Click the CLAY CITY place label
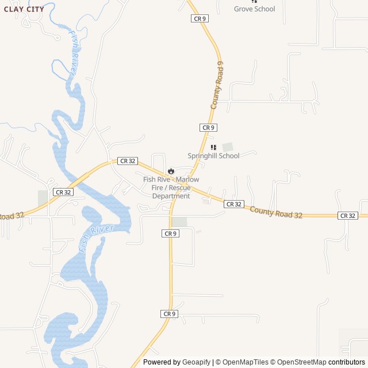(x=24, y=9)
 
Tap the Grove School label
(x=254, y=9)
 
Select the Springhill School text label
(x=213, y=156)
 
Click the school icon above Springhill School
(x=213, y=147)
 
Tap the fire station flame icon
(x=171, y=171)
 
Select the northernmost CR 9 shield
(x=200, y=18)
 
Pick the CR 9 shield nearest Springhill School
(x=208, y=127)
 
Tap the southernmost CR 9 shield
(x=168, y=313)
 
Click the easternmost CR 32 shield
(x=348, y=216)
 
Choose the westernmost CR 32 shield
(x=63, y=192)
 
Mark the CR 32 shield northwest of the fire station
(x=127, y=161)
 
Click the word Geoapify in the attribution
(x=197, y=362)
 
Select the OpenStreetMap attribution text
(x=298, y=362)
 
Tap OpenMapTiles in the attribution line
(x=246, y=362)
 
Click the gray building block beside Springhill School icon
(x=228, y=147)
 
